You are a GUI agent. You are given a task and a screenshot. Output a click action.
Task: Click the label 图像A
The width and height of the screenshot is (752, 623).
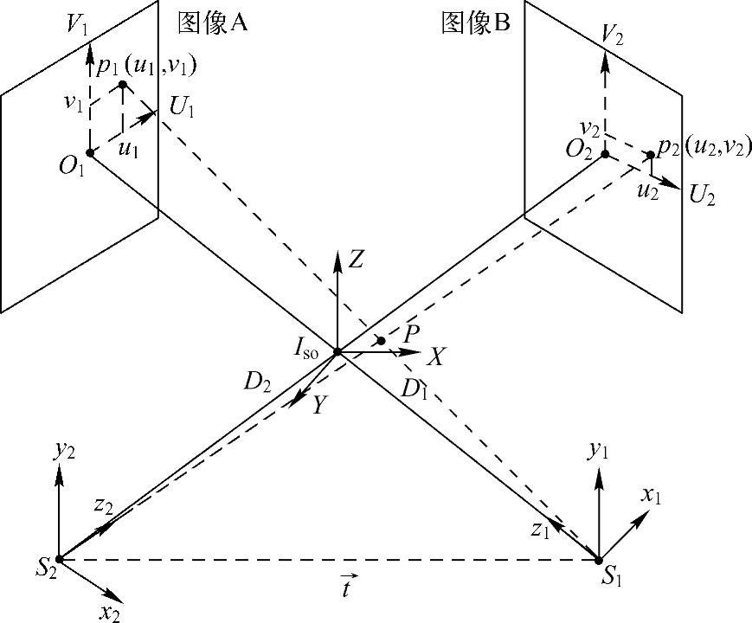[213, 22]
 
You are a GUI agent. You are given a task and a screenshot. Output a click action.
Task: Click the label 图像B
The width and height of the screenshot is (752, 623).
[475, 23]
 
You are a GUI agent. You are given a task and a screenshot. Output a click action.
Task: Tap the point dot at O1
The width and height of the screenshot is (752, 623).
[90, 153]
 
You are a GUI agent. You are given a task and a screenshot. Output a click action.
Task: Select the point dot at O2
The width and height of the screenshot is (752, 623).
[605, 154]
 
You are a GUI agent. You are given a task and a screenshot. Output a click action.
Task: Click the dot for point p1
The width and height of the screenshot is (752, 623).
[123, 84]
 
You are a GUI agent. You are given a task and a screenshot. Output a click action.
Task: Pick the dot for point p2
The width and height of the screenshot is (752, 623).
[650, 156]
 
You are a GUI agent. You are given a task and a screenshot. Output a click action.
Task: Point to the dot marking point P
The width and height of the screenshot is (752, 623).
[381, 341]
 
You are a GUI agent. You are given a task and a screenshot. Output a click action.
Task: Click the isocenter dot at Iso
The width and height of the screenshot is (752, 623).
[337, 351]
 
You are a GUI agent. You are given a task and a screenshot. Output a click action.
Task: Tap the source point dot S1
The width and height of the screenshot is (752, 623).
[599, 560]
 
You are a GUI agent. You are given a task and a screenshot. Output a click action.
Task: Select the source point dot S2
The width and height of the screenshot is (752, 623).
[59, 559]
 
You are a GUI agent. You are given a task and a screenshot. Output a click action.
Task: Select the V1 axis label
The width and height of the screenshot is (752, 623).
[78, 24]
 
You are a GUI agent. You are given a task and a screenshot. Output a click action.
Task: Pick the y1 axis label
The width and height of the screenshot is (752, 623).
[596, 449]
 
